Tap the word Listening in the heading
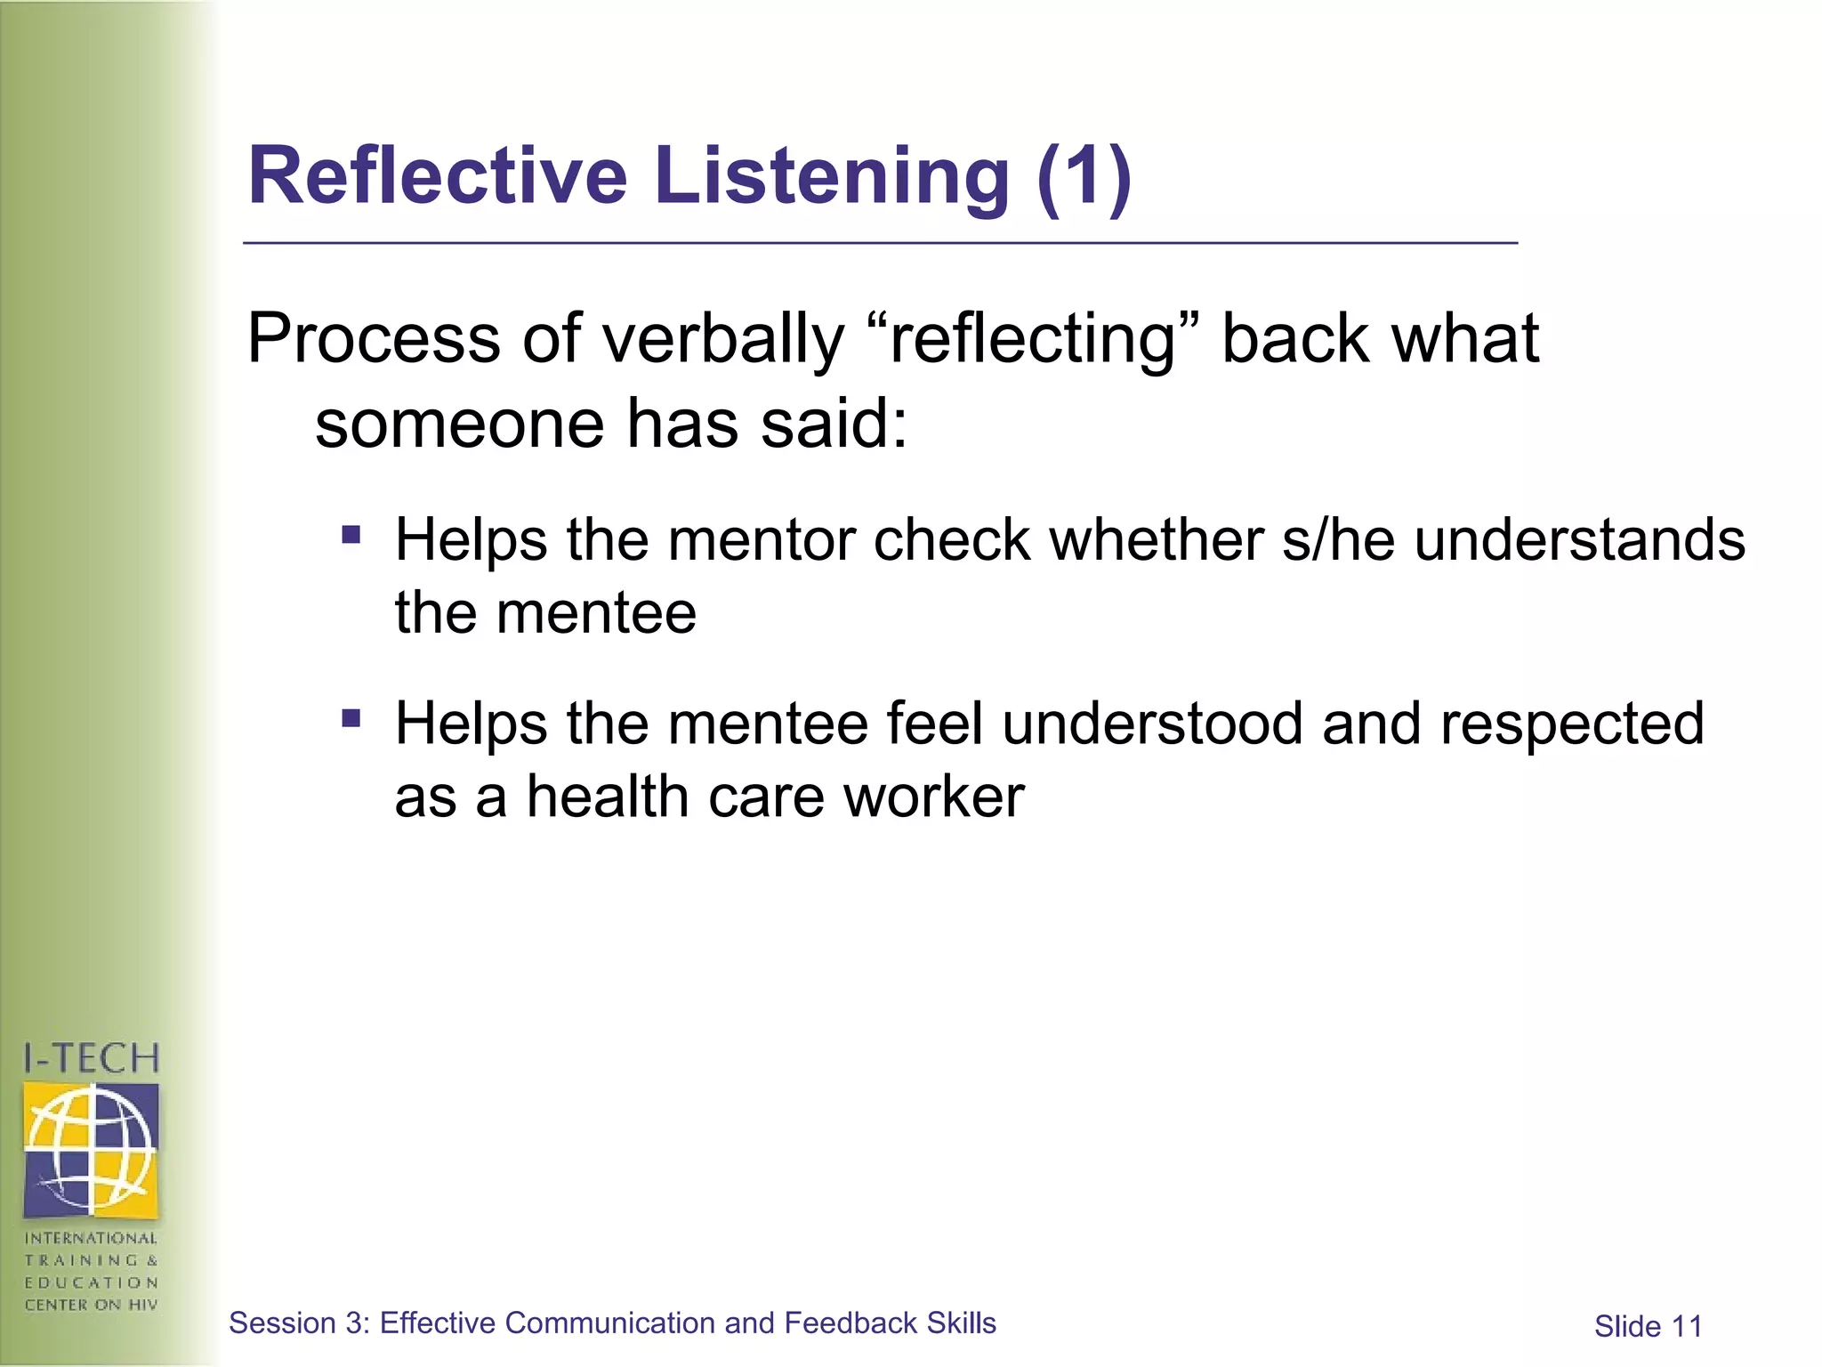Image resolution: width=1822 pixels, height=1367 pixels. click(832, 178)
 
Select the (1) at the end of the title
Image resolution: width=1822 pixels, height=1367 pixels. click(1084, 177)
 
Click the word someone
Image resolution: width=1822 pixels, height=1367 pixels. click(459, 424)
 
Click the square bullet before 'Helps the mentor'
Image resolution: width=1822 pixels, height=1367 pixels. click(351, 535)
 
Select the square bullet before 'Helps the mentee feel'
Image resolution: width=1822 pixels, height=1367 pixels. click(351, 717)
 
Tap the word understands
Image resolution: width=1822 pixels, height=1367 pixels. click(1580, 540)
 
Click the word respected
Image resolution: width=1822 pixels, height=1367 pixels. click(1572, 724)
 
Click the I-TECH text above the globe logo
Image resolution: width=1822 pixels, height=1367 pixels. click(91, 1058)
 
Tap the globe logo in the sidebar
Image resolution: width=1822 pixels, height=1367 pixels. click(91, 1149)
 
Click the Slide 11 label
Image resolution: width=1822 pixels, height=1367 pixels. click(1648, 1327)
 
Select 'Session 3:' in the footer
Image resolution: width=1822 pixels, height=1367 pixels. click(299, 1323)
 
